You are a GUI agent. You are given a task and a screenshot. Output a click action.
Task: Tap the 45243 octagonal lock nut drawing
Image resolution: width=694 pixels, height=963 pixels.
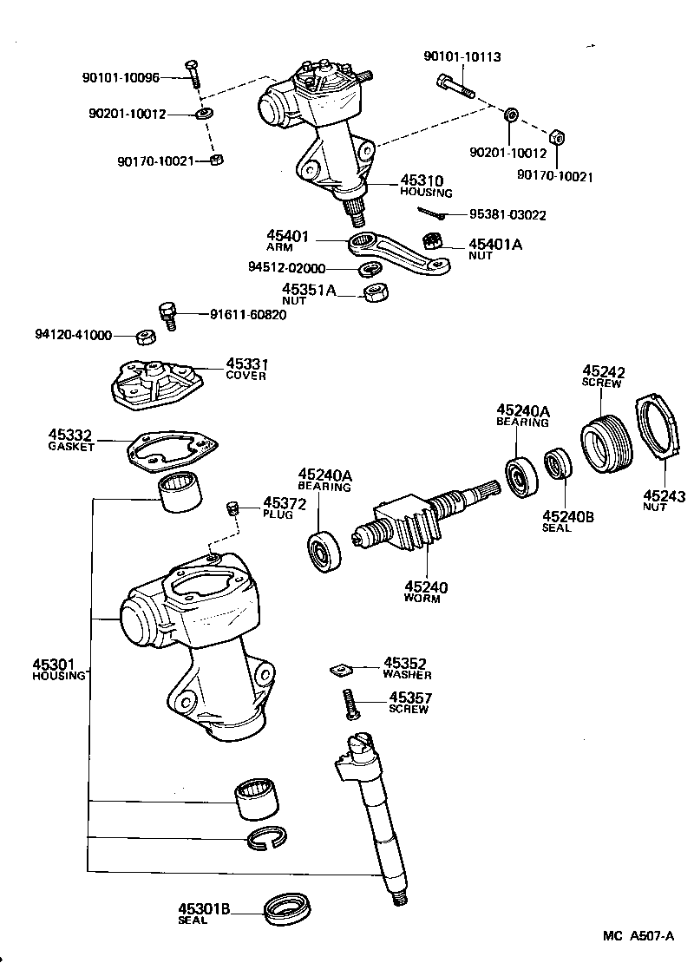pos(663,427)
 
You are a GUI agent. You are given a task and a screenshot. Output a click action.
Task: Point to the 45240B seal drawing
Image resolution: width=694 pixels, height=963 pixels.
pos(557,463)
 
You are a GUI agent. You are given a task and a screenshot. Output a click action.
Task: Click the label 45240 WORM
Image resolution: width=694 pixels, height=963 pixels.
pos(425,592)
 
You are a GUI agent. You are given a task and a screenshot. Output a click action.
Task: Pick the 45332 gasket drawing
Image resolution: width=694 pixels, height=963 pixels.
pos(173,451)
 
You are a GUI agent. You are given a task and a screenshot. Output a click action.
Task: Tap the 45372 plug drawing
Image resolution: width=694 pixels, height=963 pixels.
pos(232,508)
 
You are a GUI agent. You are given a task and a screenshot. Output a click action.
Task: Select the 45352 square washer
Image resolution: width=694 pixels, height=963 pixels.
pos(344,669)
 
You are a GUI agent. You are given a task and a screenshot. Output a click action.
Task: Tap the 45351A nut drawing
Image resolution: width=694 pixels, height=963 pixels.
pos(374,292)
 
